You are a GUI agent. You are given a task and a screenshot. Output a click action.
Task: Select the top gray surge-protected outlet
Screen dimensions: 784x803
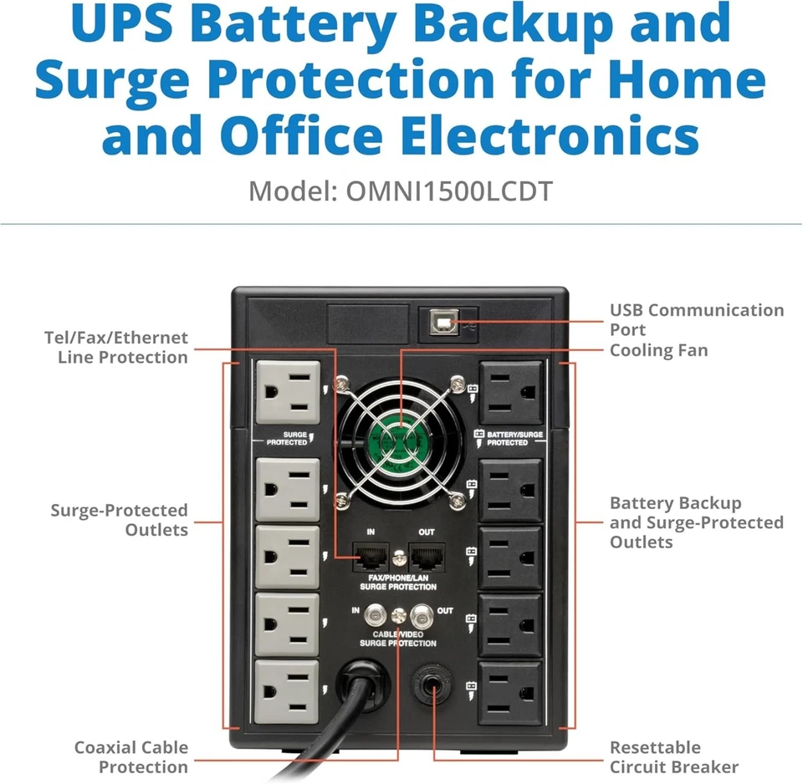pos(287,392)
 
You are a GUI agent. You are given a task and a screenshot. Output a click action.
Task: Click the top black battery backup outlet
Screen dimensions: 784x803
pos(510,392)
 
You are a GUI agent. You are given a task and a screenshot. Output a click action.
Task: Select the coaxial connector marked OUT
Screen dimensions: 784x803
pos(425,615)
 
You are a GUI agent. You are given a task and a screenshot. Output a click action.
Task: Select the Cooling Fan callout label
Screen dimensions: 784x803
pos(658,350)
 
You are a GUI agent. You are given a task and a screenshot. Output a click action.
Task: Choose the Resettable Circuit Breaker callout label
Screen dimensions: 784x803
pos(673,757)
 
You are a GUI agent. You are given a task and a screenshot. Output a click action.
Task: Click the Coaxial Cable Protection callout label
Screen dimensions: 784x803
pos(131,757)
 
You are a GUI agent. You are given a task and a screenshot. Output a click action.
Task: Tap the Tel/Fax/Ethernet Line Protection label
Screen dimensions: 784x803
pos(116,348)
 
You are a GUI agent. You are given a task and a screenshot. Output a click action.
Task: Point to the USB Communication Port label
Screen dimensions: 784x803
pos(697,319)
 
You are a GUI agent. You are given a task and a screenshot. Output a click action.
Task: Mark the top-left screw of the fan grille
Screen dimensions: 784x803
pos(340,384)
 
